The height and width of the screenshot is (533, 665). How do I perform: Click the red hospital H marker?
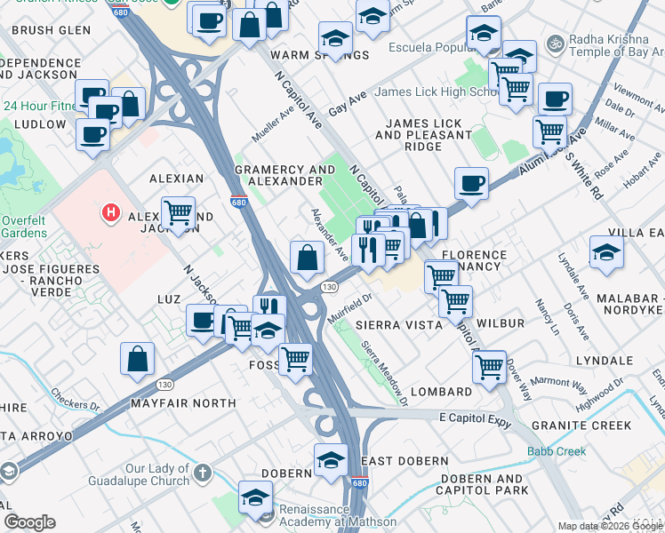(111, 213)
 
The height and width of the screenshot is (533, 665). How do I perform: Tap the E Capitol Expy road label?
(476, 416)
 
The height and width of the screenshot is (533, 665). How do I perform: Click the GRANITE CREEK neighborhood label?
(581, 426)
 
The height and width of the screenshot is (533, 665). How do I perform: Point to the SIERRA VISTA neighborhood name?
(399, 326)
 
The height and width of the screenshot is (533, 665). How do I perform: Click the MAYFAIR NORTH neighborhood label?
(183, 403)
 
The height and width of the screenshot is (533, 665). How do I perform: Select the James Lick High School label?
(437, 92)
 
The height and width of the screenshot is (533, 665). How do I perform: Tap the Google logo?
(29, 522)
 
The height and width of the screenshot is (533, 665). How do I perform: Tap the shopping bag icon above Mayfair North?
(138, 358)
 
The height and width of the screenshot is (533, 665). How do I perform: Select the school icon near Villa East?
(606, 251)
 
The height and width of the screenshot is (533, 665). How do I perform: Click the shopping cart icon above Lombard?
(489, 365)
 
